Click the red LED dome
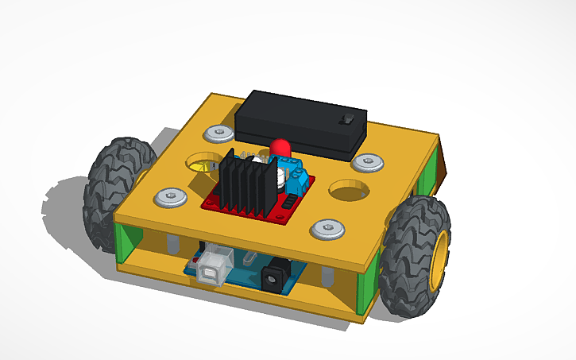point(280,148)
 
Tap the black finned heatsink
point(245,184)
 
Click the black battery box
point(300,122)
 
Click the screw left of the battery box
point(215,132)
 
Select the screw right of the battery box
point(367,163)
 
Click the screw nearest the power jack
point(327,230)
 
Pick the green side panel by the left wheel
point(127,242)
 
